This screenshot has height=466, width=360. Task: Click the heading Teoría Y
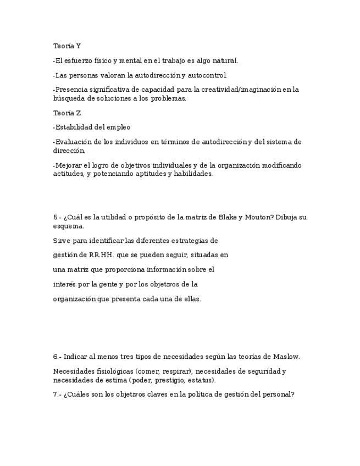tap(67, 46)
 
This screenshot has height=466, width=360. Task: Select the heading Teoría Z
tap(67, 113)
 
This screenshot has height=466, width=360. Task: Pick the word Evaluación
tap(74, 142)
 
